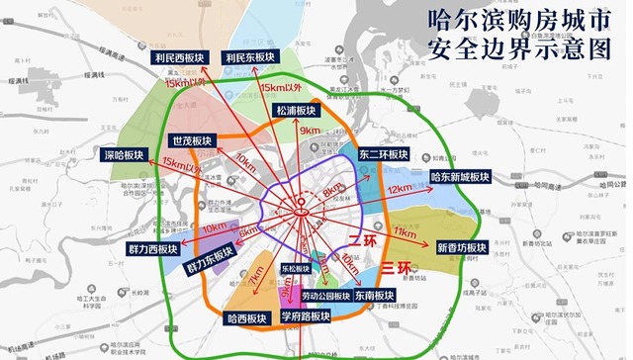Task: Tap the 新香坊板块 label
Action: (x=461, y=246)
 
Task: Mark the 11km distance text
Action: (x=404, y=231)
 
